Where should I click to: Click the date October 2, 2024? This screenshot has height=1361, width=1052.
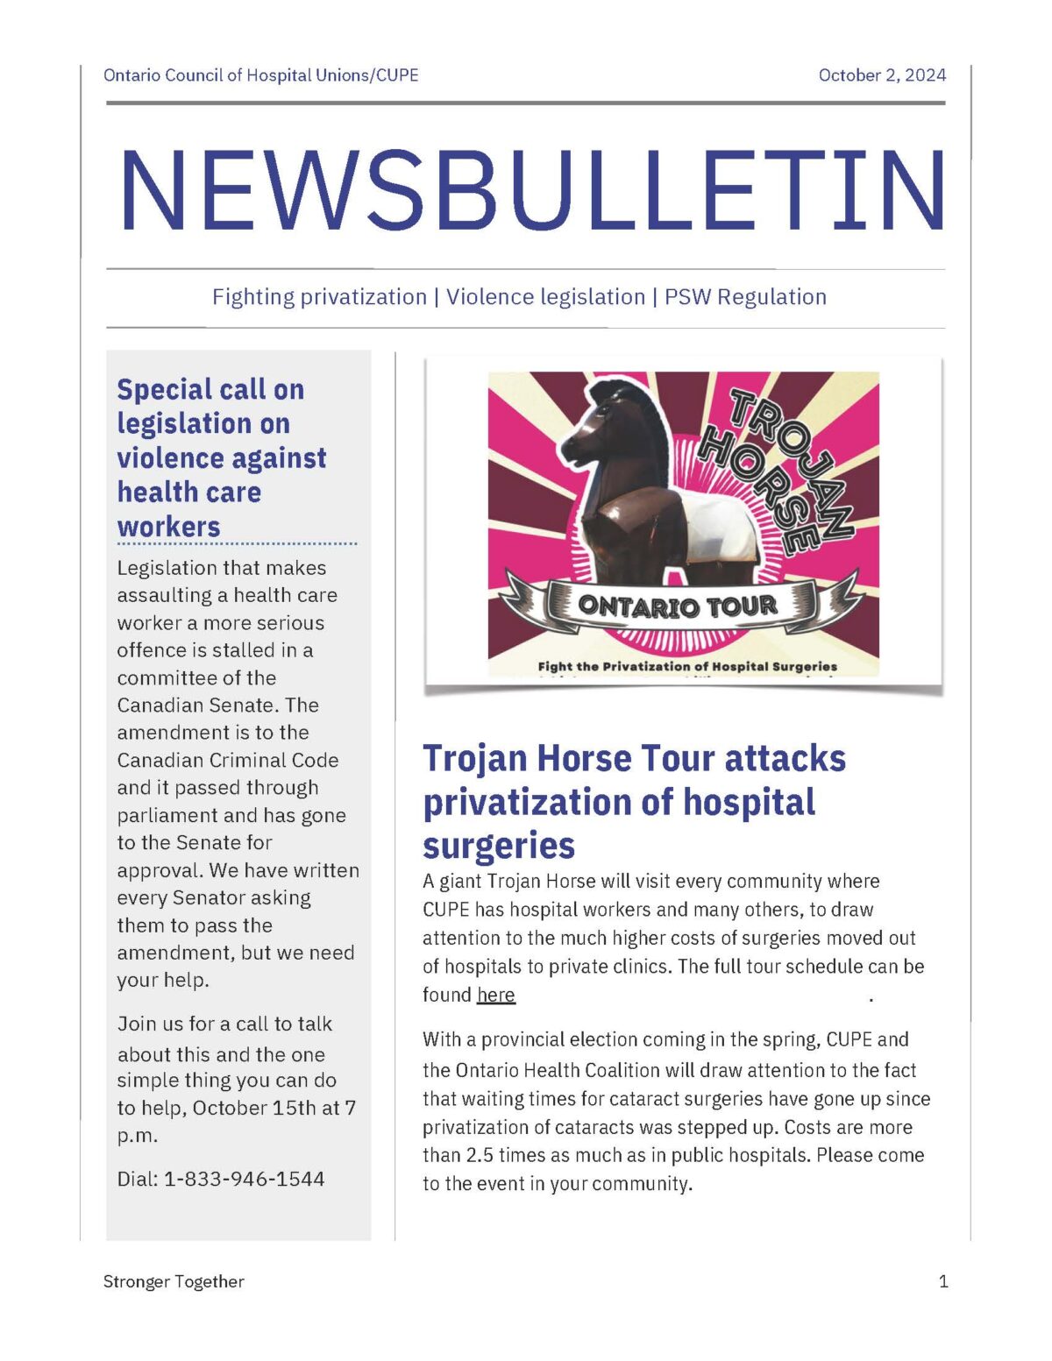click(x=882, y=75)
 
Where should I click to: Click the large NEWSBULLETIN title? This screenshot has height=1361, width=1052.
click(x=532, y=192)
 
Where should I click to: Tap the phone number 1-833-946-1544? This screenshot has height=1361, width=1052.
click(x=244, y=1179)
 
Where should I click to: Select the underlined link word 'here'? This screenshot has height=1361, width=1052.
click(x=496, y=995)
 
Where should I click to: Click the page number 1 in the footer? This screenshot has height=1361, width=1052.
click(x=943, y=1281)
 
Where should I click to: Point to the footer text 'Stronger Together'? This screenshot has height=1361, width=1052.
click(x=174, y=1281)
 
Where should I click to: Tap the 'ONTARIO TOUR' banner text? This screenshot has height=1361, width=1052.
click(x=678, y=606)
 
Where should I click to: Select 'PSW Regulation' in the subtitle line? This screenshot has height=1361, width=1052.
click(x=745, y=297)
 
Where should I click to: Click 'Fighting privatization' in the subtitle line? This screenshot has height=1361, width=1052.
click(x=319, y=297)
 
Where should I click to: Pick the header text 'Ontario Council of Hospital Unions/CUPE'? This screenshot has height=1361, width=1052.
click(x=261, y=75)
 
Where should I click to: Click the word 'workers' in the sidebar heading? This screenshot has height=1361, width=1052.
click(x=168, y=527)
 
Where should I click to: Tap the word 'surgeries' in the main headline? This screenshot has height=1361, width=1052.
click(x=499, y=846)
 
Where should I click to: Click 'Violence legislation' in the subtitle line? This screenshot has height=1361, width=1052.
click(x=545, y=297)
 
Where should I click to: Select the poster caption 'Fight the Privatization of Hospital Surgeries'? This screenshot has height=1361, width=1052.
click(x=687, y=667)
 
